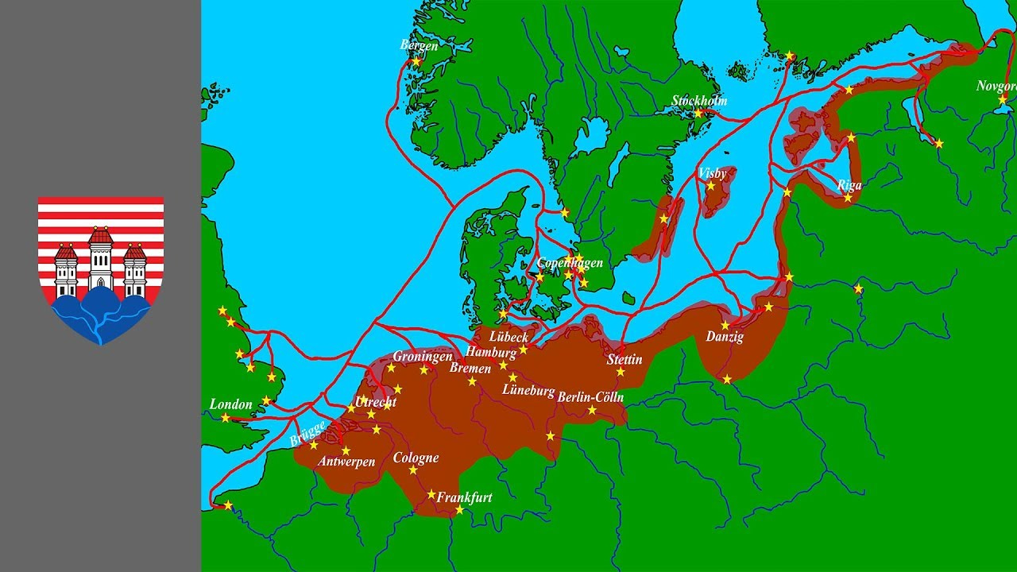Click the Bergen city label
[419, 45]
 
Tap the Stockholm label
[699, 101]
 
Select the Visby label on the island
[712, 172]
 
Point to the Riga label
[849, 185]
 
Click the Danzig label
[725, 337]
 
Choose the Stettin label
[624, 359]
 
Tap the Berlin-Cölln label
[590, 397]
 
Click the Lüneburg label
[528, 390]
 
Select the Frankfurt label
[464, 497]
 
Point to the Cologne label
[416, 458]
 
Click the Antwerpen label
[346, 462]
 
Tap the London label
[230, 404]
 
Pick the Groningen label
[422, 357]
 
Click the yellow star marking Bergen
[416, 61]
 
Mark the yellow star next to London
[226, 418]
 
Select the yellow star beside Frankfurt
[459, 510]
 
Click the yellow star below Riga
[848, 198]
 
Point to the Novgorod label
[996, 86]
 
